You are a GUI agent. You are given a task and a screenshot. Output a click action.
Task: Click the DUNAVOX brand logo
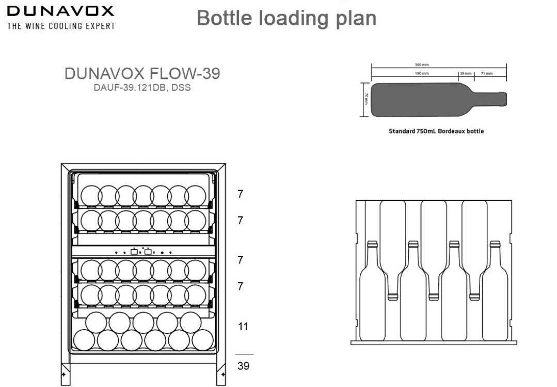tap(60, 11)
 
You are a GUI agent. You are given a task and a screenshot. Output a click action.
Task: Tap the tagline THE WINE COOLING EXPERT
tap(61, 26)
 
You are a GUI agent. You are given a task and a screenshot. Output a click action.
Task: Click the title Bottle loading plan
tap(286, 18)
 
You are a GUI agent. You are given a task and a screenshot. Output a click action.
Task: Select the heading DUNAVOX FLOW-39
tap(142, 74)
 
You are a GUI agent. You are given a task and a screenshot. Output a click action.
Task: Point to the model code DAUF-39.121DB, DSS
tap(142, 87)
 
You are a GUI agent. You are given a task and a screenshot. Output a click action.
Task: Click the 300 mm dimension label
tap(421, 65)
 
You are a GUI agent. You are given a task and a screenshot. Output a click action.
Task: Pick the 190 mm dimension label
tap(421, 73)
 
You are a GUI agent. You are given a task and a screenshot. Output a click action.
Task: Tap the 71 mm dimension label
tap(487, 73)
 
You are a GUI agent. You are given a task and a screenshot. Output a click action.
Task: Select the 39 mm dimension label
tap(466, 73)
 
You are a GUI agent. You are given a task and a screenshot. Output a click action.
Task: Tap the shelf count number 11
tap(243, 327)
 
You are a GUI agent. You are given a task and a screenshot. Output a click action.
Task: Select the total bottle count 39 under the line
tap(243, 366)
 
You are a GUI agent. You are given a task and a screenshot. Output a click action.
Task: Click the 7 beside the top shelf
tap(240, 194)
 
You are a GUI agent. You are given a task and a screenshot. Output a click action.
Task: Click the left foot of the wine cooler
tap(65, 374)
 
